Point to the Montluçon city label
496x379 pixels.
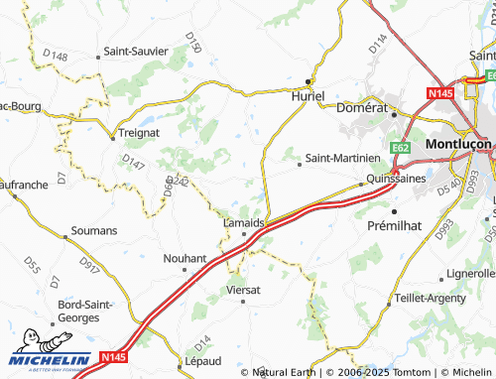458,143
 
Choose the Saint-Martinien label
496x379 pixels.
342,157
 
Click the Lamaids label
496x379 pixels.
243,222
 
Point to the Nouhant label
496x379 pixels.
185,258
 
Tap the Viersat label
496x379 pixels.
243,290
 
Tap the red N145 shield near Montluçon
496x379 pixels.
440,92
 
